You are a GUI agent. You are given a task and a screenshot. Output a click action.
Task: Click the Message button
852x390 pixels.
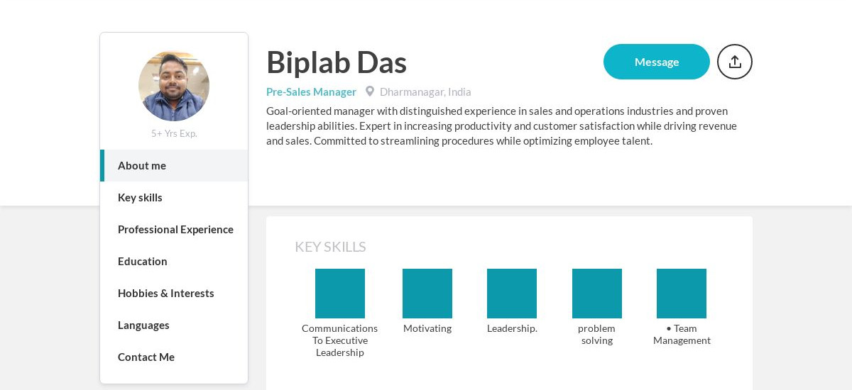[656, 62]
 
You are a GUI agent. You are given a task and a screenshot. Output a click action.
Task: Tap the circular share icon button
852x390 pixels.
[734, 62]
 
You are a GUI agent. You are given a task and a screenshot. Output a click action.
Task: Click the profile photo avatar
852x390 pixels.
[174, 86]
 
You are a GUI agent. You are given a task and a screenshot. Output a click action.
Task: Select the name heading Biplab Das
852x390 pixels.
[336, 62]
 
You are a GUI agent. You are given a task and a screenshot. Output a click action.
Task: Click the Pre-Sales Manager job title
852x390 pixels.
[311, 91]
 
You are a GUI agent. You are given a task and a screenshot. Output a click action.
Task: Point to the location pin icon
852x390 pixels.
[370, 91]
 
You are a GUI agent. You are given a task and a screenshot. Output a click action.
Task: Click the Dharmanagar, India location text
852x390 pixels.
[425, 91]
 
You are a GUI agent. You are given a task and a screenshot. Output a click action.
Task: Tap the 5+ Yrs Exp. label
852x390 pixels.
[174, 133]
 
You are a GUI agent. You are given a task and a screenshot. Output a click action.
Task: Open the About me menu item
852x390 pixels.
[142, 165]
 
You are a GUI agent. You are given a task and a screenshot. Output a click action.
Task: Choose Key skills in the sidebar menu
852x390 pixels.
[140, 197]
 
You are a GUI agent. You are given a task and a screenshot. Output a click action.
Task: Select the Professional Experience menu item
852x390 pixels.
[175, 229]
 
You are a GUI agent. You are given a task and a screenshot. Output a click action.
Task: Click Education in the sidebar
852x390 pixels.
[143, 261]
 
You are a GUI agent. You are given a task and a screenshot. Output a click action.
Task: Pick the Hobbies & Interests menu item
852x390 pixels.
[165, 293]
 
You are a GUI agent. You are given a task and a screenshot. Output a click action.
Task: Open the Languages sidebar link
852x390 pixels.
[143, 325]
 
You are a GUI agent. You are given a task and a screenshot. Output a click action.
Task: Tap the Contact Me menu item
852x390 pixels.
[146, 357]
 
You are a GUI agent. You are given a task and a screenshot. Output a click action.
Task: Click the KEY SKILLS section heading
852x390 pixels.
[330, 247]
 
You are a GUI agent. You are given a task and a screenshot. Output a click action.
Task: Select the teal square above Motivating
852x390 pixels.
[427, 294]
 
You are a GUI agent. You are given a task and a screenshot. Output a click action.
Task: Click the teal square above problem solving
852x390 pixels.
[597, 294]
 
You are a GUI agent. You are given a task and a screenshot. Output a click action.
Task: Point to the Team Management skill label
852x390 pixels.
[682, 334]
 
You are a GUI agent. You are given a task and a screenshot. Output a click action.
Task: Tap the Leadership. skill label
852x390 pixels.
[512, 328]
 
